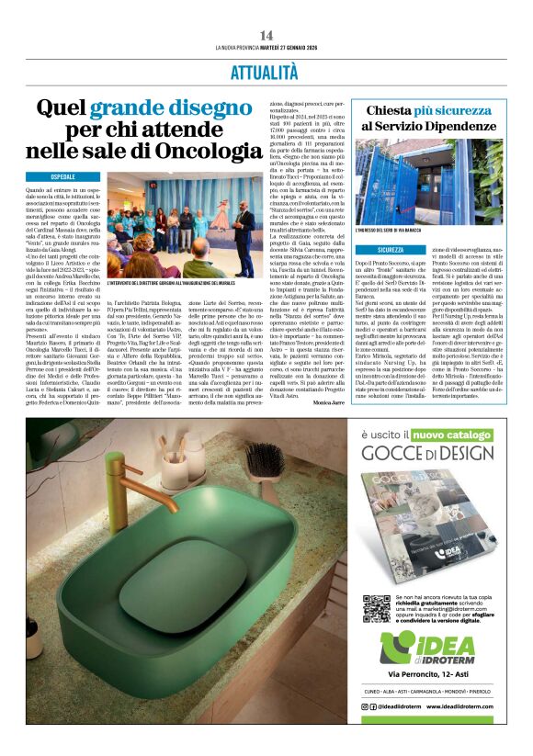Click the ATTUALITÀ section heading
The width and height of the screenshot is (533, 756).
pos(266,72)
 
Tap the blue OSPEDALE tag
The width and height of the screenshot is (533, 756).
pos(75,175)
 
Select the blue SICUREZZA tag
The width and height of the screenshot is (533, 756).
pos(402,249)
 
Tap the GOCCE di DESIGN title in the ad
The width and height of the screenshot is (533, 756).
pos(427,478)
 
